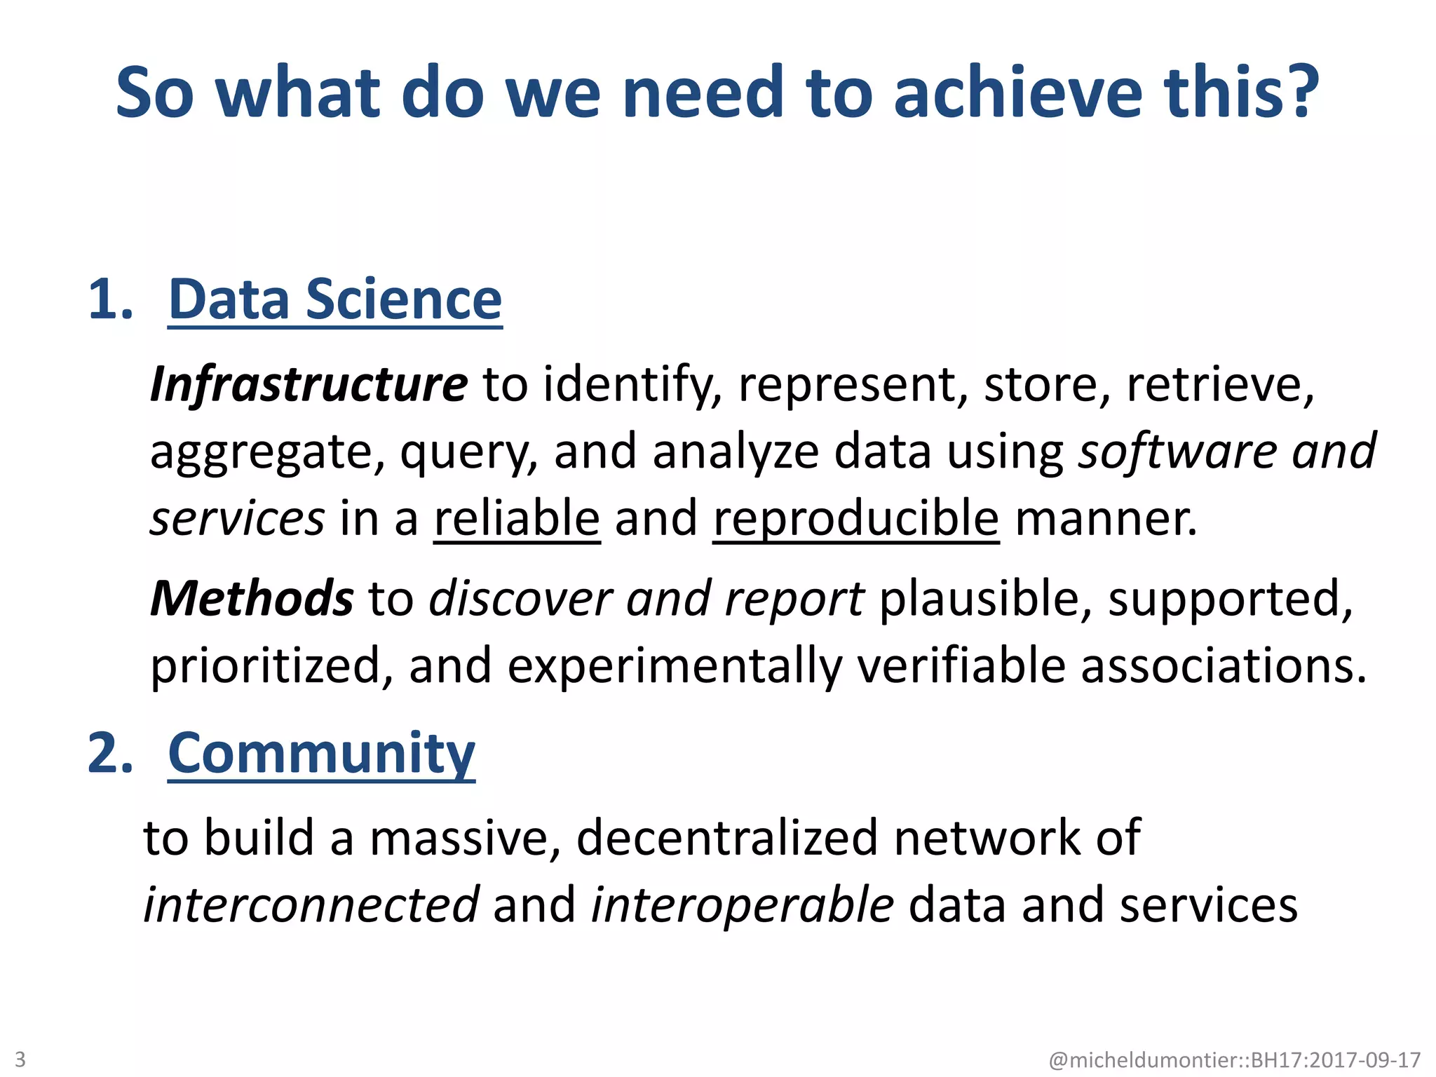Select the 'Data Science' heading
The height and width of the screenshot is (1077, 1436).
click(x=335, y=300)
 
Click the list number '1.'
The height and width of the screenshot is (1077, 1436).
click(x=111, y=300)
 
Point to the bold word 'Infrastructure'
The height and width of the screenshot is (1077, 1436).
click(x=309, y=384)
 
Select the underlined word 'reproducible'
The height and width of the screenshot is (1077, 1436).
click(x=855, y=519)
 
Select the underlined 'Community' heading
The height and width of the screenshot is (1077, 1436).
click(x=321, y=754)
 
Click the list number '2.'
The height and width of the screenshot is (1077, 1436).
click(x=111, y=754)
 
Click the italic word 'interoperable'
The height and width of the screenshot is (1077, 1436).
click(x=742, y=905)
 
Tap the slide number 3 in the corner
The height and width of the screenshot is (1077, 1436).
click(x=20, y=1059)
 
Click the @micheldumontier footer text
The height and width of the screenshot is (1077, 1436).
click(x=1234, y=1059)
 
